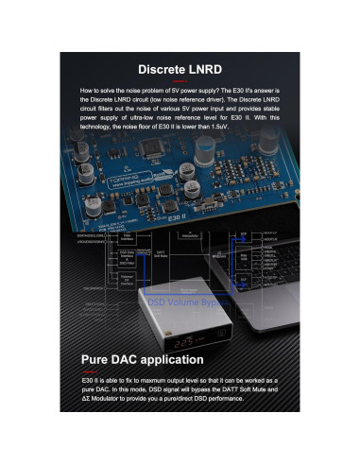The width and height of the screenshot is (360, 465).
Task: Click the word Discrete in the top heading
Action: (x=163, y=68)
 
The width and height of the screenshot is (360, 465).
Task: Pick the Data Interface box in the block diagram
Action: (x=128, y=238)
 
